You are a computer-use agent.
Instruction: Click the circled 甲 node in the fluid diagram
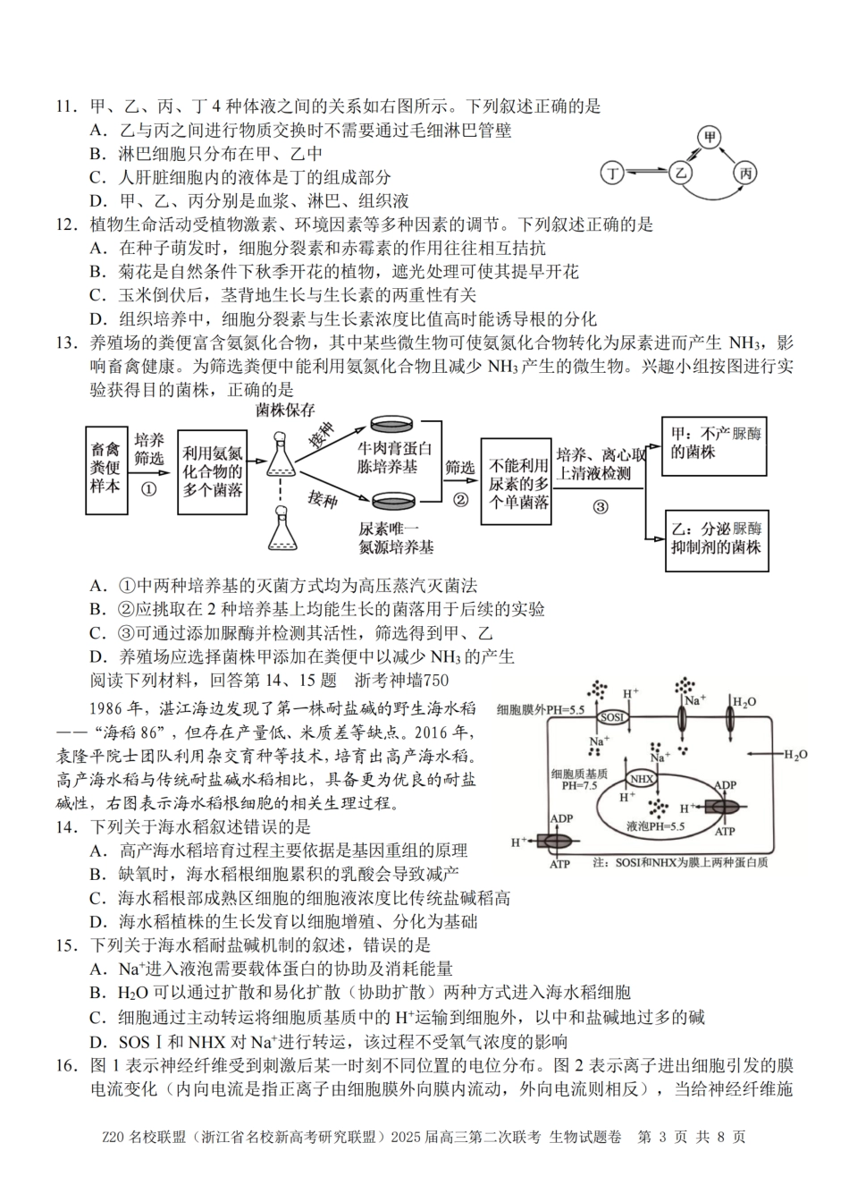[x=710, y=137]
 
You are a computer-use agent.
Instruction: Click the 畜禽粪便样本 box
[x=105, y=468]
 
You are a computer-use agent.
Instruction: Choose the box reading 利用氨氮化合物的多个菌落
[x=212, y=470]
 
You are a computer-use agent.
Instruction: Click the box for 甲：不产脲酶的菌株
[x=715, y=444]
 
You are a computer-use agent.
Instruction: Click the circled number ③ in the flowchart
[x=600, y=506]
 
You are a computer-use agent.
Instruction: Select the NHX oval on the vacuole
[x=639, y=778]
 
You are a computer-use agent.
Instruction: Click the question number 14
[x=65, y=826]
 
